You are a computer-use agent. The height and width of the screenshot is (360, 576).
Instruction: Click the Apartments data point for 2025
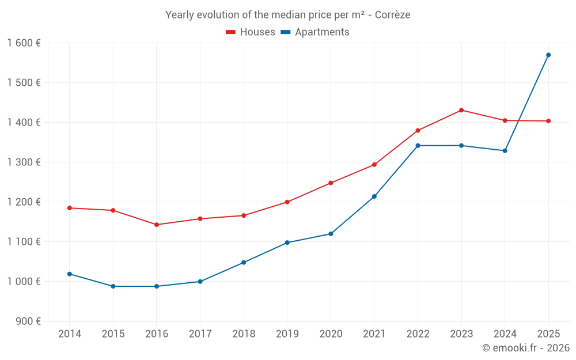click(x=548, y=55)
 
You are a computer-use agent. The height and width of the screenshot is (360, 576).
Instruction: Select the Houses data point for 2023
click(x=461, y=110)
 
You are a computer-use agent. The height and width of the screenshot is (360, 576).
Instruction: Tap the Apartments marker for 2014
click(x=70, y=274)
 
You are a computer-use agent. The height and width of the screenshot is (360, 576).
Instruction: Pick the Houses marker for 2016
click(x=157, y=225)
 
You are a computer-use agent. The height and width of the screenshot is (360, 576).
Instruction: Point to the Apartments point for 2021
click(x=374, y=196)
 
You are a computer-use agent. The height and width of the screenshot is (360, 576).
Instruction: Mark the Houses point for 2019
click(x=287, y=202)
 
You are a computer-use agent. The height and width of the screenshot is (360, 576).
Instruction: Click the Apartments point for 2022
click(x=418, y=146)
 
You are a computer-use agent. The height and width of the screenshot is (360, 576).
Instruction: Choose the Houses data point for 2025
click(x=548, y=121)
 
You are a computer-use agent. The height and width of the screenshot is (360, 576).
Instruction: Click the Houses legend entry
click(x=251, y=32)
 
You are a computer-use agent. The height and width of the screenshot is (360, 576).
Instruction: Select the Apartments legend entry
click(x=315, y=32)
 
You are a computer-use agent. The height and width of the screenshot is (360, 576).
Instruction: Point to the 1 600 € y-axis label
click(x=24, y=43)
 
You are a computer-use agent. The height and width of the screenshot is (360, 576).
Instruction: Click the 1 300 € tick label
click(x=24, y=162)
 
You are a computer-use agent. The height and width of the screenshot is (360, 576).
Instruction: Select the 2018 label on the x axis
click(x=244, y=334)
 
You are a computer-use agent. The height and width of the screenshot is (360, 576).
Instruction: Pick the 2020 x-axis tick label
click(x=331, y=334)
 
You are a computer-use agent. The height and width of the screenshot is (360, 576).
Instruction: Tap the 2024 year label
click(x=505, y=334)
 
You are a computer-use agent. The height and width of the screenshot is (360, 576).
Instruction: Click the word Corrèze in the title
click(x=392, y=15)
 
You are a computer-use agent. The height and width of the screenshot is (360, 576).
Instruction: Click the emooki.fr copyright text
click(x=526, y=348)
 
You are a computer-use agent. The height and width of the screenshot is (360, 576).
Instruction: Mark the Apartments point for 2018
click(x=244, y=263)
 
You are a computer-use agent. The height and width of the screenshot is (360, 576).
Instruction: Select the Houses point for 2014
click(x=70, y=208)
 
